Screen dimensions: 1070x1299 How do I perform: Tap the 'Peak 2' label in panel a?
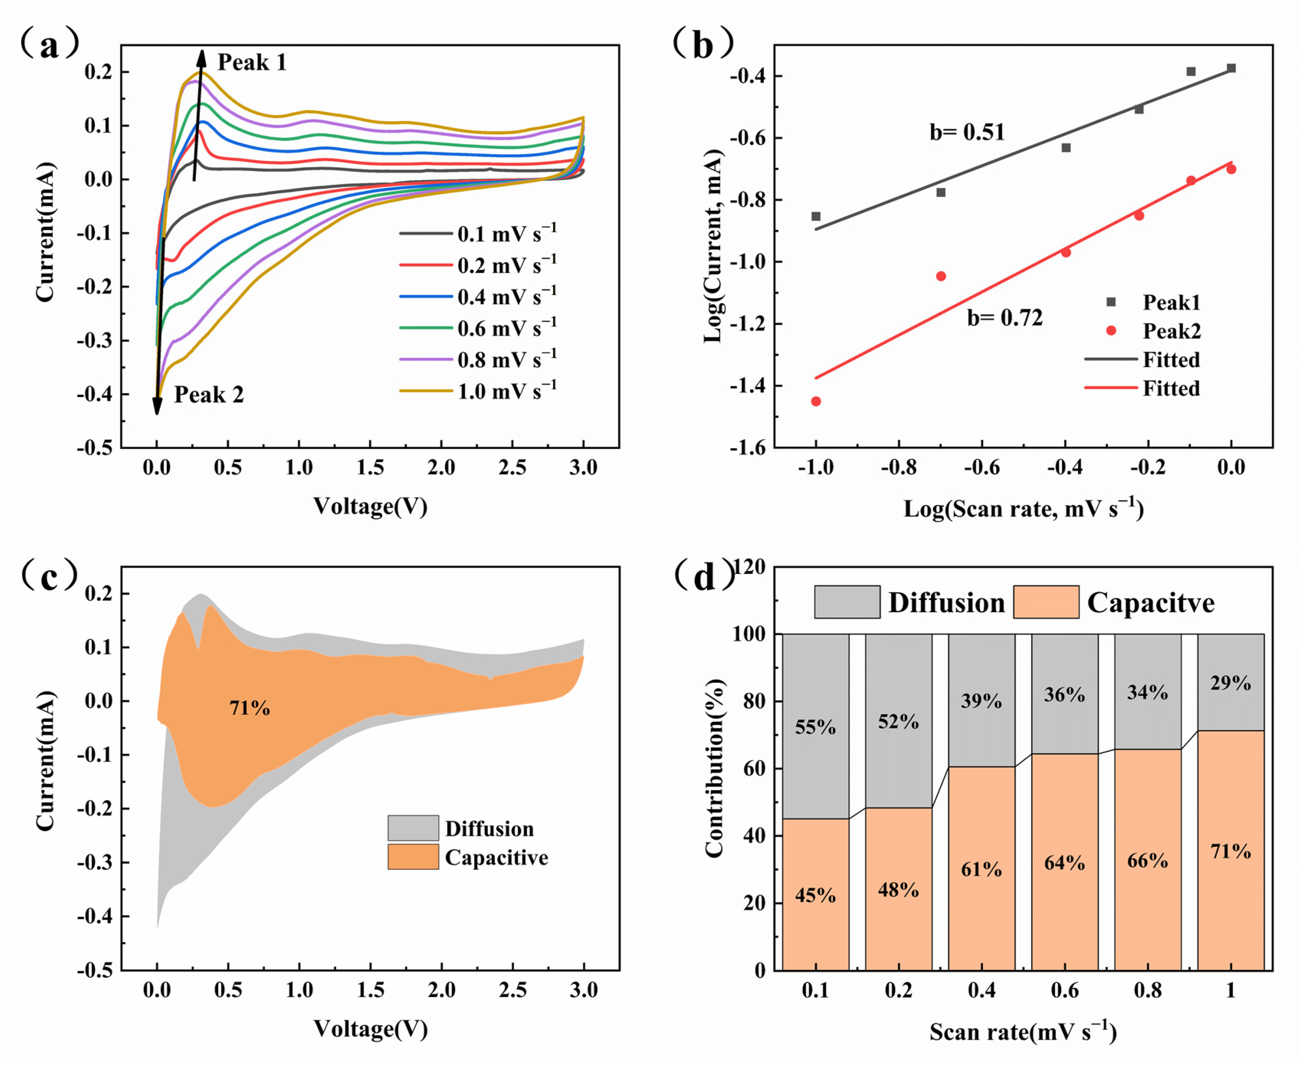[208, 395]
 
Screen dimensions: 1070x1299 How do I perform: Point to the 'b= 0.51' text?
[967, 132]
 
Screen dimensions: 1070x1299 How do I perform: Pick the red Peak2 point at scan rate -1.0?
[816, 401]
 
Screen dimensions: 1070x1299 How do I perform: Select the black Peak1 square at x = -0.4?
[1066, 148]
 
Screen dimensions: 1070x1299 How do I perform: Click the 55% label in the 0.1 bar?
[815, 727]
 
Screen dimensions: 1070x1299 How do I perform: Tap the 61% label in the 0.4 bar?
[981, 869]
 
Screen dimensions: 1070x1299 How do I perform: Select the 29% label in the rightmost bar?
[1230, 683]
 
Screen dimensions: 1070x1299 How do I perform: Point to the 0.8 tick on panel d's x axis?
[1147, 990]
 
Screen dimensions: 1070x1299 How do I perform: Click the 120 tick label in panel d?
[748, 567]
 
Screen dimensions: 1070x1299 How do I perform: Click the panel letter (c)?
[49, 576]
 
